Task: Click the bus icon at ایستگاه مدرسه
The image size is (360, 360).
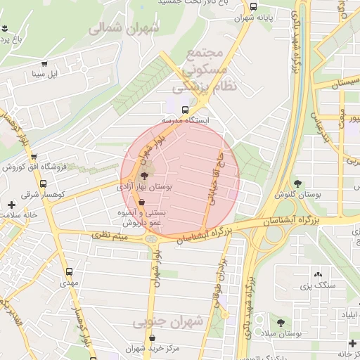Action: (x=185, y=110)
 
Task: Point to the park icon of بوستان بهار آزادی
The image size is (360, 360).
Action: (x=145, y=176)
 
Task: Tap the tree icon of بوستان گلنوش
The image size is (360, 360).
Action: (x=297, y=183)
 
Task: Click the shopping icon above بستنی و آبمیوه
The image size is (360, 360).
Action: (x=143, y=201)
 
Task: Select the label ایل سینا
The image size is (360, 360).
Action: (x=51, y=73)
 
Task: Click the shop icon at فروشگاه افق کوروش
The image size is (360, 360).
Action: (x=34, y=157)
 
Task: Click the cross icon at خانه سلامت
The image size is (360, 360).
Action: (x=11, y=205)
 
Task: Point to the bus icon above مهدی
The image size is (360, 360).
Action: (x=68, y=271)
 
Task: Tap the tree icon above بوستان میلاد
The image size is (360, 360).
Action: (x=281, y=322)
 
